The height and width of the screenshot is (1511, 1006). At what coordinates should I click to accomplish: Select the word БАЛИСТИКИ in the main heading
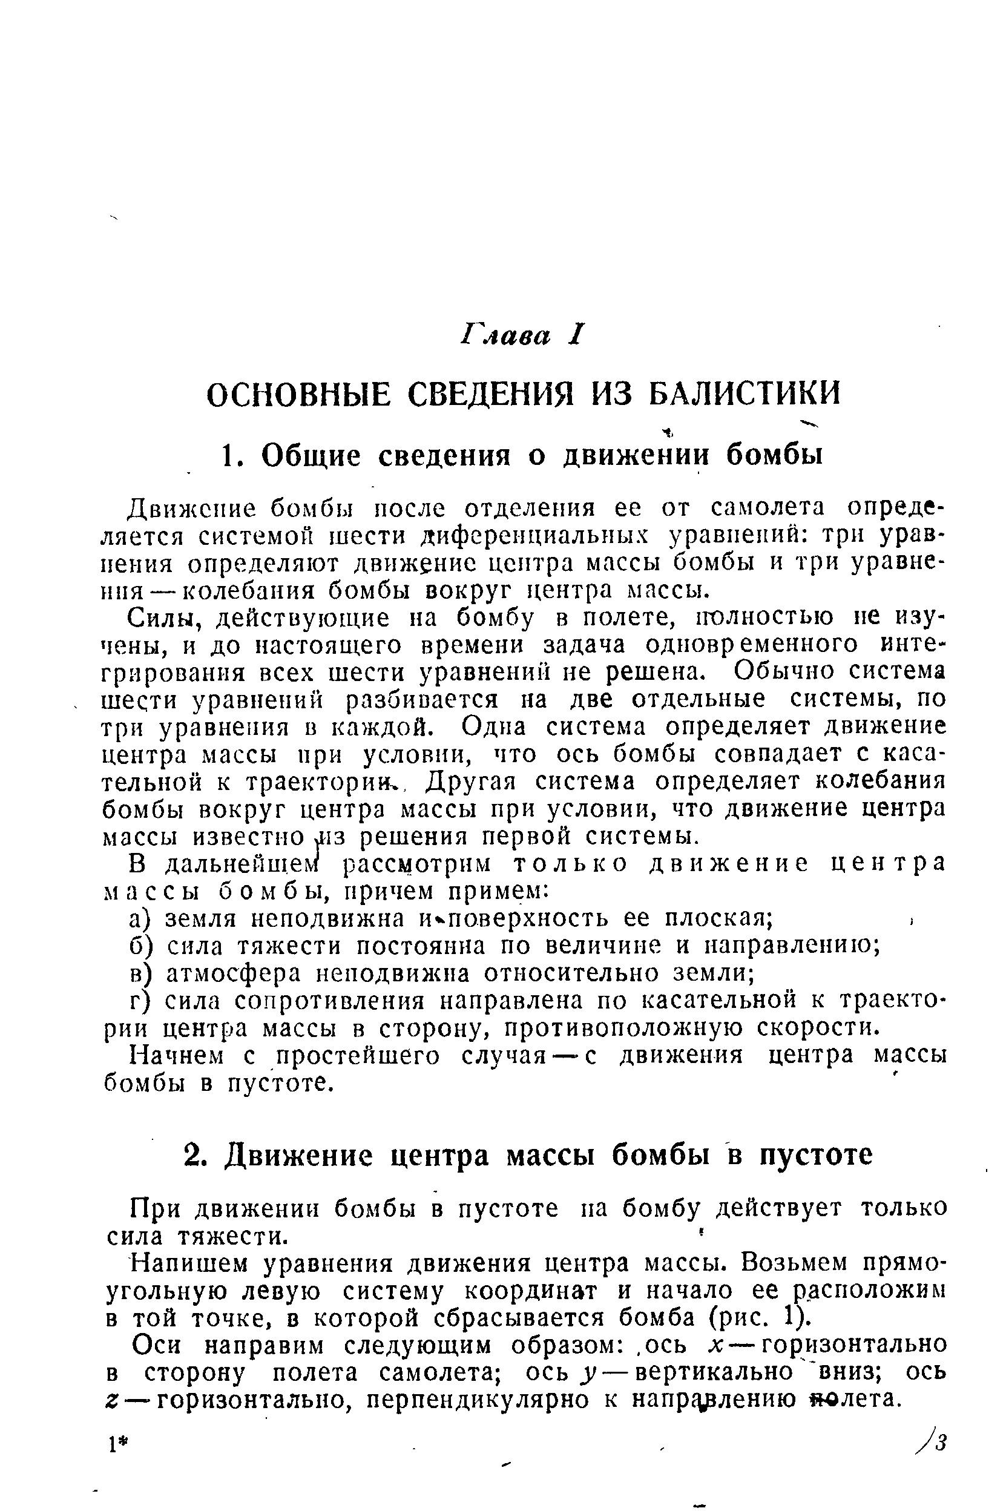coord(745,393)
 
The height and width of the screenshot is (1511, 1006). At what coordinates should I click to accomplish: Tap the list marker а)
coord(140,919)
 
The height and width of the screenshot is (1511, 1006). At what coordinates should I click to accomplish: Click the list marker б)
coord(140,946)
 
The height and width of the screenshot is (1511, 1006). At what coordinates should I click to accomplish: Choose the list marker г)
coord(140,1001)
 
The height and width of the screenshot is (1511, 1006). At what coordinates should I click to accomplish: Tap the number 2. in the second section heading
coord(194,1156)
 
